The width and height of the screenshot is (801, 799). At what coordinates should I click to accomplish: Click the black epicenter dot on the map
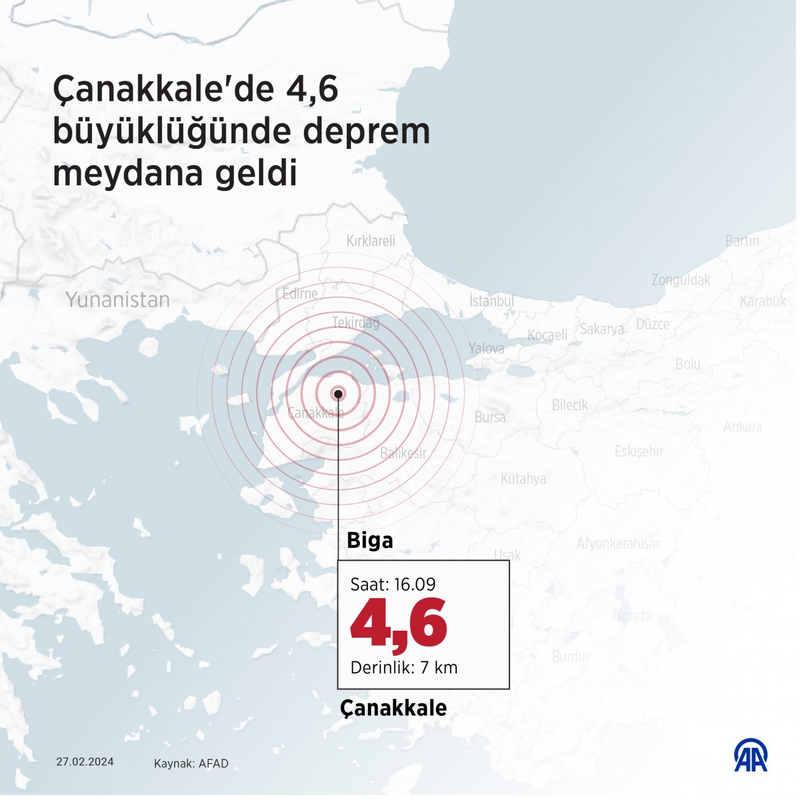click(338, 394)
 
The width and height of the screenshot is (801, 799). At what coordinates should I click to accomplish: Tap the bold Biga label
click(370, 541)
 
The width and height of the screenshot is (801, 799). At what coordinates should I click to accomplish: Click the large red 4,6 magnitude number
click(399, 624)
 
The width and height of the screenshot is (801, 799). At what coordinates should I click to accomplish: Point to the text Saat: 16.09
click(392, 584)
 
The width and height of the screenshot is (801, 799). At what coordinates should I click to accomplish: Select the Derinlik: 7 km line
click(404, 668)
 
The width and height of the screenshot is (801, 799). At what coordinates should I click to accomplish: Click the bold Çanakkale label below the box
click(394, 708)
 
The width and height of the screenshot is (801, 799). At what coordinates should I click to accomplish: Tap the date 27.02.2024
click(85, 761)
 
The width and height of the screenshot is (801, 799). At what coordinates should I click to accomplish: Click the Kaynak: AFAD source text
click(191, 763)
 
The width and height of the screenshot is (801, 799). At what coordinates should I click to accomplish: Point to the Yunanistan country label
click(118, 300)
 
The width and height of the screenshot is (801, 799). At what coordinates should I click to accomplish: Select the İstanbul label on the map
click(491, 301)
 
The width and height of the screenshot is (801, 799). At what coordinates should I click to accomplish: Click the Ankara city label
click(743, 427)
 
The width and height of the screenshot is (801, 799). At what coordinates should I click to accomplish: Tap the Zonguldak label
click(681, 280)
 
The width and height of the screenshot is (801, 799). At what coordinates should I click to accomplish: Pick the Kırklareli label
click(371, 241)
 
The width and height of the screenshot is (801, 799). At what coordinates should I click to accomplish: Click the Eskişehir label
click(638, 451)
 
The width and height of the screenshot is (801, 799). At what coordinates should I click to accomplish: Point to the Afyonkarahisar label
click(618, 543)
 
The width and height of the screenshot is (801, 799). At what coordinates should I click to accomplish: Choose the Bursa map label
click(490, 417)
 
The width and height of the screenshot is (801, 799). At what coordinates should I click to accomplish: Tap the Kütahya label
click(523, 479)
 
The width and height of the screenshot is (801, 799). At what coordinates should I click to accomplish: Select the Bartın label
click(742, 240)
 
